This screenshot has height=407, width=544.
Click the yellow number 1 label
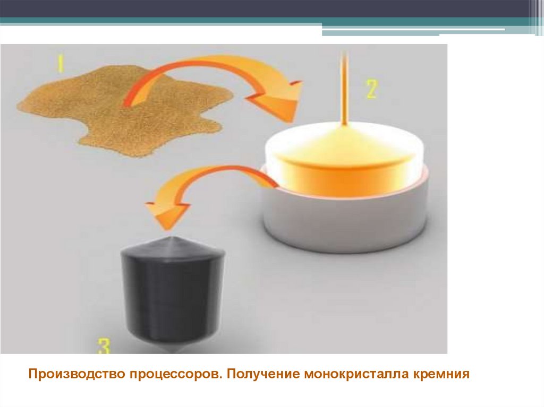(61, 65)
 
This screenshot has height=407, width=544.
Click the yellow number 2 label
(371, 89)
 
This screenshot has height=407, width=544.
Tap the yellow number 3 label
(104, 345)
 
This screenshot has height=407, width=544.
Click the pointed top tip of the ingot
(171, 237)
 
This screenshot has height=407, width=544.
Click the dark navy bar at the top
(263, 8)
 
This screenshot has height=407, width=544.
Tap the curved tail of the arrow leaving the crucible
(222, 170)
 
